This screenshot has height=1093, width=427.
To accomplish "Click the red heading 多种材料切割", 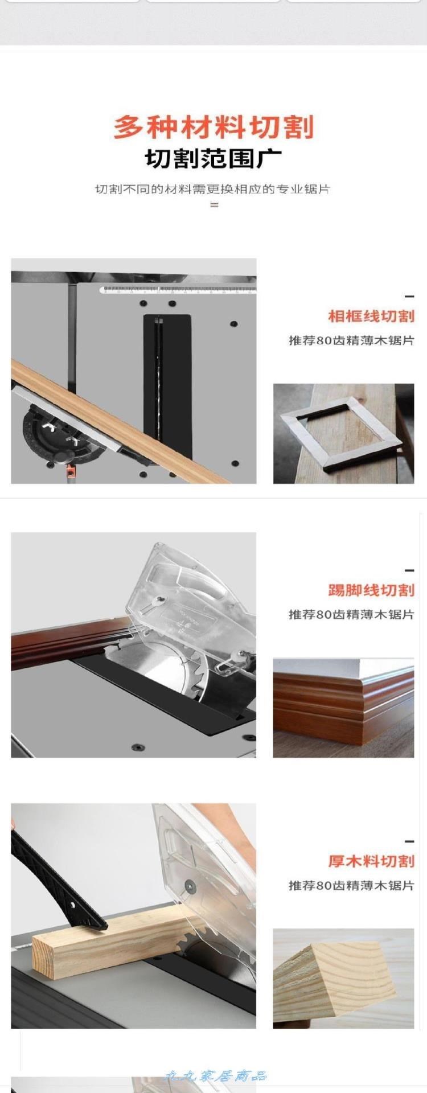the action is (x=213, y=126).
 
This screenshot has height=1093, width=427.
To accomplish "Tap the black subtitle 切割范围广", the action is (x=213, y=159).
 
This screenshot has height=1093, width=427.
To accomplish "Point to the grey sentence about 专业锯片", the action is (x=212, y=189).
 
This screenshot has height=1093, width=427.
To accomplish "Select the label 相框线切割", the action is (x=371, y=316).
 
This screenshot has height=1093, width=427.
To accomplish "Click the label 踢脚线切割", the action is (x=371, y=590).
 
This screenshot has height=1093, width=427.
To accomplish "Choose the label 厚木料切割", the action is (x=371, y=861).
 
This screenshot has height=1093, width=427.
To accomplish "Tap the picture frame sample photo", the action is (x=344, y=434).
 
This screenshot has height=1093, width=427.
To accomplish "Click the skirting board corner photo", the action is (x=344, y=708).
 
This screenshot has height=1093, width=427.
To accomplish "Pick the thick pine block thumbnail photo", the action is (x=344, y=979).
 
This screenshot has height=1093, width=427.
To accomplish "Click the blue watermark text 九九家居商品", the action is (x=215, y=1076).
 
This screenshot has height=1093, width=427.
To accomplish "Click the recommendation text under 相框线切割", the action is (x=351, y=340).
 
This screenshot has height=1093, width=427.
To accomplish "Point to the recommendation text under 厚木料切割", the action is (x=351, y=885).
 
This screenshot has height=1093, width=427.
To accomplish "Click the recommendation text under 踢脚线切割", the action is (x=351, y=614).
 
